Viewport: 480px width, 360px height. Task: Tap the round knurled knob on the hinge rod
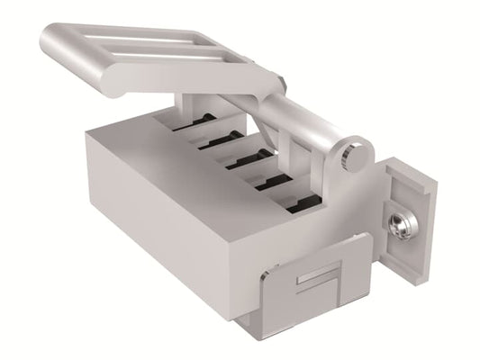pos(356,156)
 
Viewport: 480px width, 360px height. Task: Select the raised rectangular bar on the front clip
pos(317,277)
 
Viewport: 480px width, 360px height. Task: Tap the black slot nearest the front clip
pos(303,203)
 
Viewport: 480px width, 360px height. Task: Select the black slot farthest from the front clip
pos(195,121)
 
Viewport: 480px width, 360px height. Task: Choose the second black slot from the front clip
pos(275,182)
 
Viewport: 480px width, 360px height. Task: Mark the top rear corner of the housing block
pos(91,133)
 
